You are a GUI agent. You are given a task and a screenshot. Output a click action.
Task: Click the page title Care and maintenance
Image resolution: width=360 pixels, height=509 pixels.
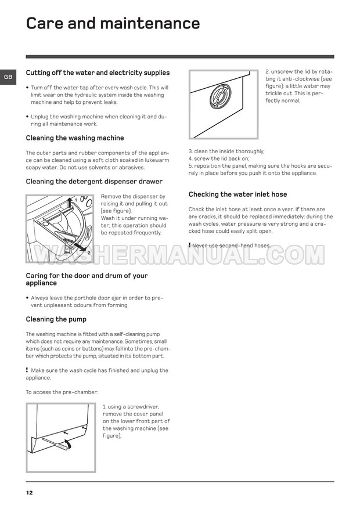(113, 23)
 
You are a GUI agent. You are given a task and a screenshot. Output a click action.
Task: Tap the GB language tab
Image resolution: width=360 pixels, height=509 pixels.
(8, 77)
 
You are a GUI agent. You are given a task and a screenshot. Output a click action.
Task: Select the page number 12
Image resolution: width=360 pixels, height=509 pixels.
(29, 493)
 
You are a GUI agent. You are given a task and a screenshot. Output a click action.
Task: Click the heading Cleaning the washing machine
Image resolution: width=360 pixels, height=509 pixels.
(75, 138)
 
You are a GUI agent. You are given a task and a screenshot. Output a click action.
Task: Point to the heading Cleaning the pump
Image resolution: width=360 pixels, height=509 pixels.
(56, 319)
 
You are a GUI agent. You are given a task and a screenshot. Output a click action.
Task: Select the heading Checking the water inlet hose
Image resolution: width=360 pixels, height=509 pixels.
(238, 194)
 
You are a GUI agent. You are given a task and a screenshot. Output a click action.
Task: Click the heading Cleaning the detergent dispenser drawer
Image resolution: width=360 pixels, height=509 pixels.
(94, 182)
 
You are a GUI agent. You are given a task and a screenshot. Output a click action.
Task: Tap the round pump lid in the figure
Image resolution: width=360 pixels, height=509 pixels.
(221, 96)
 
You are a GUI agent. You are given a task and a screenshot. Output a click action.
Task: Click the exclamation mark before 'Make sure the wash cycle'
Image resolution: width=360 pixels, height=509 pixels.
(27, 370)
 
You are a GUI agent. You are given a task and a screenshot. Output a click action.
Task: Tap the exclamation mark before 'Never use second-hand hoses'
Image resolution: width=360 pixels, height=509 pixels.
(189, 245)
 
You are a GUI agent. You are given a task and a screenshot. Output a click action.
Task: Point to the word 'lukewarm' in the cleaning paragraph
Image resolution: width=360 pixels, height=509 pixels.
(157, 160)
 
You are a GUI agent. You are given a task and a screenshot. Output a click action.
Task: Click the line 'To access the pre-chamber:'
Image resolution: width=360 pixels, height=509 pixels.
(62, 392)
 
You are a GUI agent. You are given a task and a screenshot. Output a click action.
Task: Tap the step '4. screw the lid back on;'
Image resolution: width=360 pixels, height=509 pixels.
(219, 158)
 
